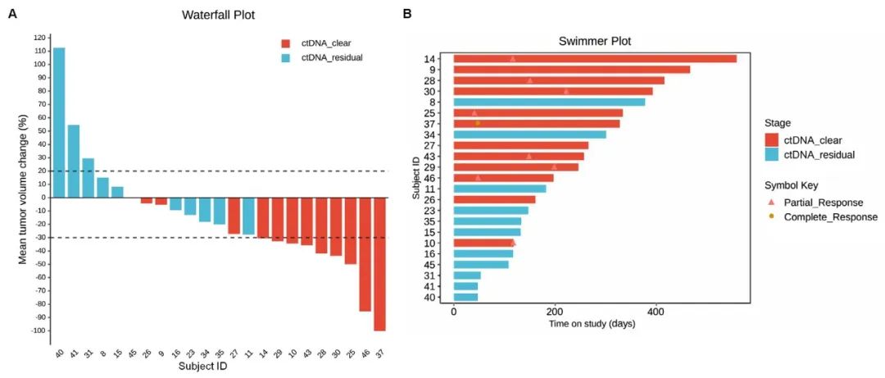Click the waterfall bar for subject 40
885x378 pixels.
pos(59,122)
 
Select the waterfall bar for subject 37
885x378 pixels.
pos(379,263)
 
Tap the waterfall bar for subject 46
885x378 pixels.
pos(365,254)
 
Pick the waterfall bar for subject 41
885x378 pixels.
pos(74,161)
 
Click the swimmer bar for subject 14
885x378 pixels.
pos(595,59)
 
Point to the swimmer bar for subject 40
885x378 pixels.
pos(465,296)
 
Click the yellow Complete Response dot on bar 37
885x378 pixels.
pos(478,123)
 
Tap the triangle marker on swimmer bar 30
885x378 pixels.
pos(566,91)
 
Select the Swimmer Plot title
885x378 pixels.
pos(595,41)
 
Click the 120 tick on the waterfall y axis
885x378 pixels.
pos(39,38)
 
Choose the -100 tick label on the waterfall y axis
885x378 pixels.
pos(36,330)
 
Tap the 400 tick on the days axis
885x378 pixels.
pos(656,312)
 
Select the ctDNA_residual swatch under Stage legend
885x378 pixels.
pos(771,154)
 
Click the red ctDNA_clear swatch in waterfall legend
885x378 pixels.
pos(284,43)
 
